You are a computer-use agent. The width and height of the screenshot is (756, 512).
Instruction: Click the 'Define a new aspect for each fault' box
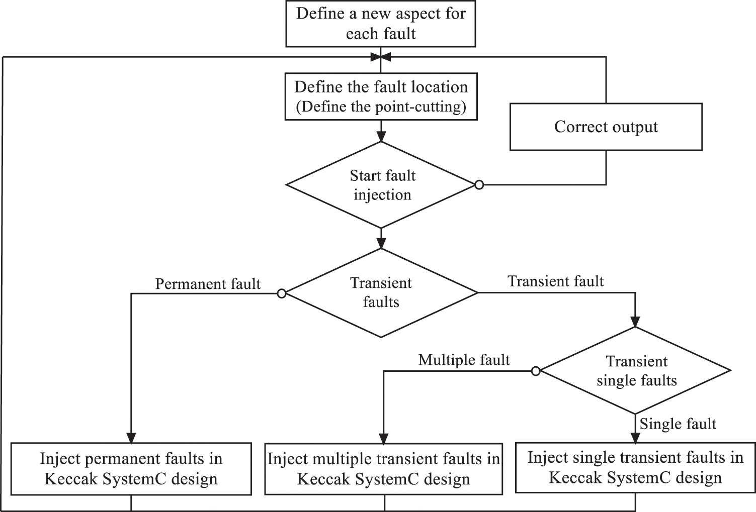381,24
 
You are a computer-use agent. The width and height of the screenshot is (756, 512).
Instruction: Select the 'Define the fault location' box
381,96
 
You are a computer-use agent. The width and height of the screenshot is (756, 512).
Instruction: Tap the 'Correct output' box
606,127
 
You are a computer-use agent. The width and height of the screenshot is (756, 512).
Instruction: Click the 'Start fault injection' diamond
382,185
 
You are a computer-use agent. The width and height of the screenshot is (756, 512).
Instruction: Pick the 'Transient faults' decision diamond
381,292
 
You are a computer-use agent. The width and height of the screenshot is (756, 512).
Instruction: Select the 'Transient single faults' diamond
636,371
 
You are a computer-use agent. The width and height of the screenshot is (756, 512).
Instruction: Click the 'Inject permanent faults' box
131,469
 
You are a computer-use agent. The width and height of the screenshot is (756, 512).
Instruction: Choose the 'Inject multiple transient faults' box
383,469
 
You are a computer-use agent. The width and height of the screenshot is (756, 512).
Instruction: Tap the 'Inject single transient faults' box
635,467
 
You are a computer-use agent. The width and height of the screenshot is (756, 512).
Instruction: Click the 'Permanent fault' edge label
208,284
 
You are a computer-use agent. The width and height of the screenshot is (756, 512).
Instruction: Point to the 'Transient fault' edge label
555,281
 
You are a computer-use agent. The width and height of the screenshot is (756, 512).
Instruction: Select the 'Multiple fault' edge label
464,360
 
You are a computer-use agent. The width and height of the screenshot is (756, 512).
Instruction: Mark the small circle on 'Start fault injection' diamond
479,185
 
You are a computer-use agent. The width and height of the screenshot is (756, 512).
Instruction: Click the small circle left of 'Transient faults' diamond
282,293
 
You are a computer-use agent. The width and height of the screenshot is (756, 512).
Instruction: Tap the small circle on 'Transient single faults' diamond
536,371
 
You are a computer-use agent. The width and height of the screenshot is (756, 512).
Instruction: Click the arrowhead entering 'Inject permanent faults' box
131,438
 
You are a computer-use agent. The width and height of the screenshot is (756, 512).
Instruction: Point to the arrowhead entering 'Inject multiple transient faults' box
383,438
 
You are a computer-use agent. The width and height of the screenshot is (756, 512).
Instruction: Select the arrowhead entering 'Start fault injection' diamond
381,137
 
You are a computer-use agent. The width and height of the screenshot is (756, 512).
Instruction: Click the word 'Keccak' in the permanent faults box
71,479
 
